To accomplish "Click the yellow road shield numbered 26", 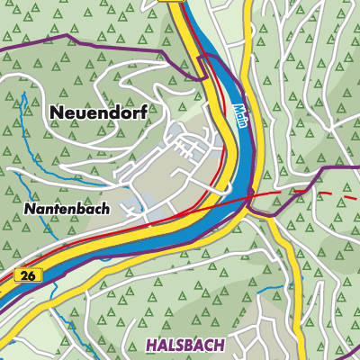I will (x=26, y=275).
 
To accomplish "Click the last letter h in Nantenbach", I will (x=105, y=209).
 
